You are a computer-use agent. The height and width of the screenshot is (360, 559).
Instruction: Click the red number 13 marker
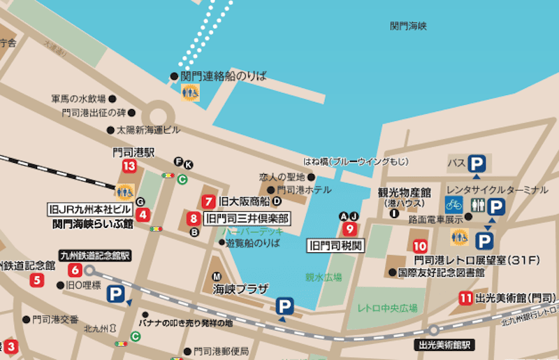129,166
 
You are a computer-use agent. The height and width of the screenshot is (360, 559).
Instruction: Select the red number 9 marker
350,228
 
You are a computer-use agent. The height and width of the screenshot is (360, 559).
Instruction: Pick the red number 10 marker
420,246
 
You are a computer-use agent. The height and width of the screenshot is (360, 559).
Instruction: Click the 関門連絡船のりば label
223,75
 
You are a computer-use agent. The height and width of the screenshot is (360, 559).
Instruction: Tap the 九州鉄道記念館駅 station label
95,256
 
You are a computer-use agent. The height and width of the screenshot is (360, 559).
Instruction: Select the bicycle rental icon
453,203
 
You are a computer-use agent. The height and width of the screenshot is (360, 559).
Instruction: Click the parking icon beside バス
477,164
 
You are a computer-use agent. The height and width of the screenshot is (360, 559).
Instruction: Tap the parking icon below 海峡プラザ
284,305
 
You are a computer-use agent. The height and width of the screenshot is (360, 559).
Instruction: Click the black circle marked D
276,201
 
